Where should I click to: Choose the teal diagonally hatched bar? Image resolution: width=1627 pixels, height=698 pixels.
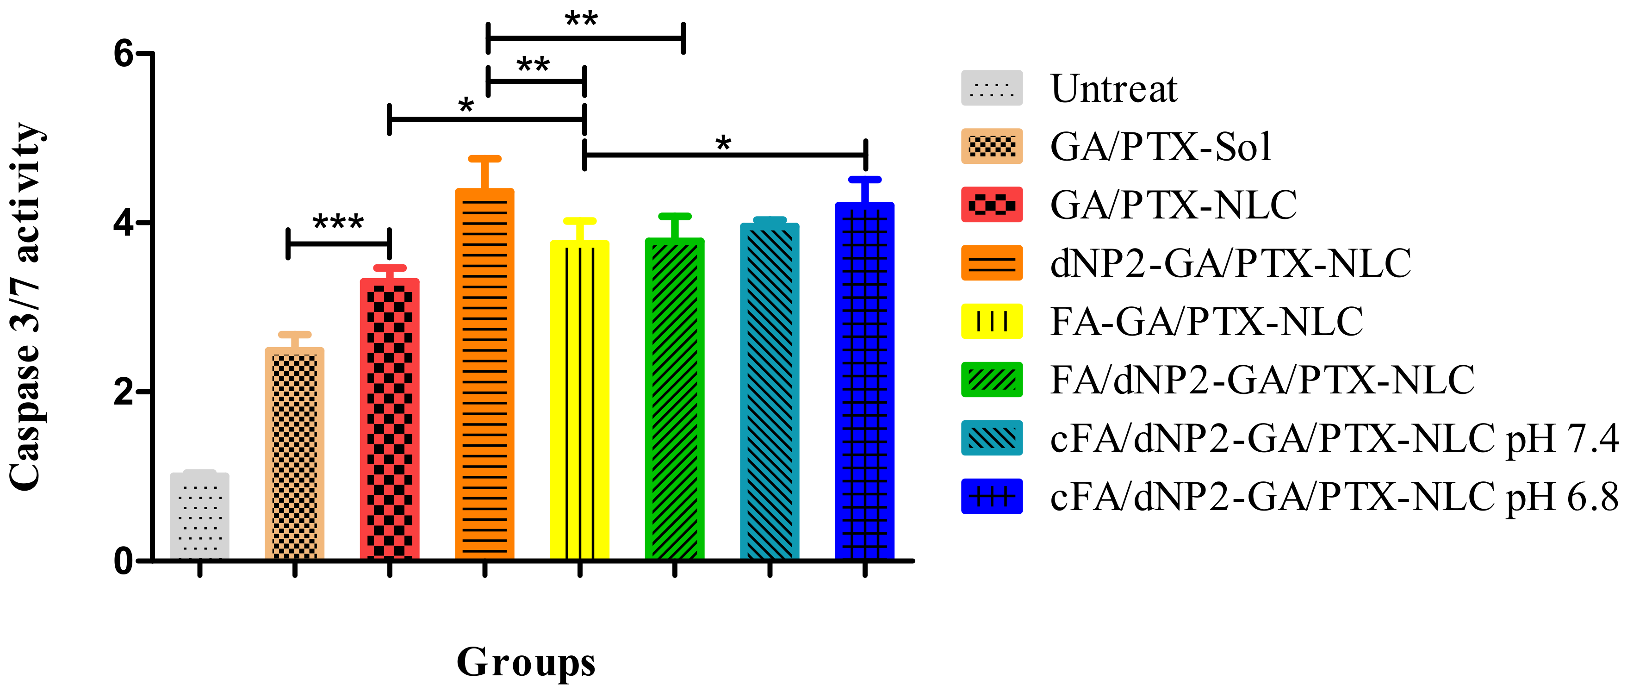pos(769,391)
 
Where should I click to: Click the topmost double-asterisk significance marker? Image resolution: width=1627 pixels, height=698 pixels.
pos(581,19)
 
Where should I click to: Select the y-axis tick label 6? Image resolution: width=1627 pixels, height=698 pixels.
pos(124,54)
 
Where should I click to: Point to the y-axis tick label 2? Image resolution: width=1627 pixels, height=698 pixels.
pos(124,392)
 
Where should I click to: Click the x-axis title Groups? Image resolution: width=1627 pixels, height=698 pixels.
pos(526,662)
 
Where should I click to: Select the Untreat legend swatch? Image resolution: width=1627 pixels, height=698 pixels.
pos(992,88)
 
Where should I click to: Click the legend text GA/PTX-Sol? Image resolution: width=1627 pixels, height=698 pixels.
pos(1160,147)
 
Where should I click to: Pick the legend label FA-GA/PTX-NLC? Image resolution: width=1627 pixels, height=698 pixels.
pos(1206,322)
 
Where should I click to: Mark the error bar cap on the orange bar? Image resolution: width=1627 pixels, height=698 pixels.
pos(484,159)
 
